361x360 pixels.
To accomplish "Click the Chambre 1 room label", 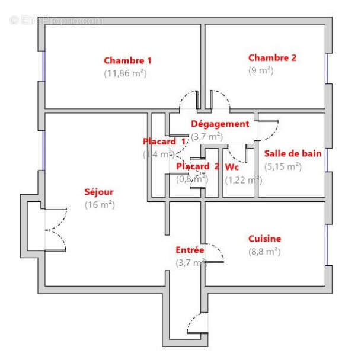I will pyautogui.click(x=127, y=60).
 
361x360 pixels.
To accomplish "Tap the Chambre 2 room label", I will pyautogui.click(x=272, y=57).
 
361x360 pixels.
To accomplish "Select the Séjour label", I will pyautogui.click(x=99, y=192).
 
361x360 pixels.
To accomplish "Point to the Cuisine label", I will pyautogui.click(x=264, y=239).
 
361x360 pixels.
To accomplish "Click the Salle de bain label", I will pyautogui.click(x=293, y=153).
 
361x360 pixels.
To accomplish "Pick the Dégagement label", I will pyautogui.click(x=220, y=124).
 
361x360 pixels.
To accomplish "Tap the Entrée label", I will pyautogui.click(x=190, y=250).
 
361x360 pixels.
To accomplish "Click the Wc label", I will pyautogui.click(x=232, y=166).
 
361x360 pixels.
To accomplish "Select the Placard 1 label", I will pyautogui.click(x=164, y=142).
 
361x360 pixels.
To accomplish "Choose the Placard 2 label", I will pyautogui.click(x=198, y=166).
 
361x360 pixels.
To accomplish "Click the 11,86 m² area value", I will pyautogui.click(x=125, y=74).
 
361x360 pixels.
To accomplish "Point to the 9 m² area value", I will pyautogui.click(x=261, y=70).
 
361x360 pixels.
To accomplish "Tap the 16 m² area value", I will pyautogui.click(x=99, y=205).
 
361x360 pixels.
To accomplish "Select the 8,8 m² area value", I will pyautogui.click(x=264, y=252).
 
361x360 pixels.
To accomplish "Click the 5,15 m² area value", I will pyautogui.click(x=283, y=166).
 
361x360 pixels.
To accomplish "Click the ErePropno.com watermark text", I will pyautogui.click(x=56, y=21).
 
